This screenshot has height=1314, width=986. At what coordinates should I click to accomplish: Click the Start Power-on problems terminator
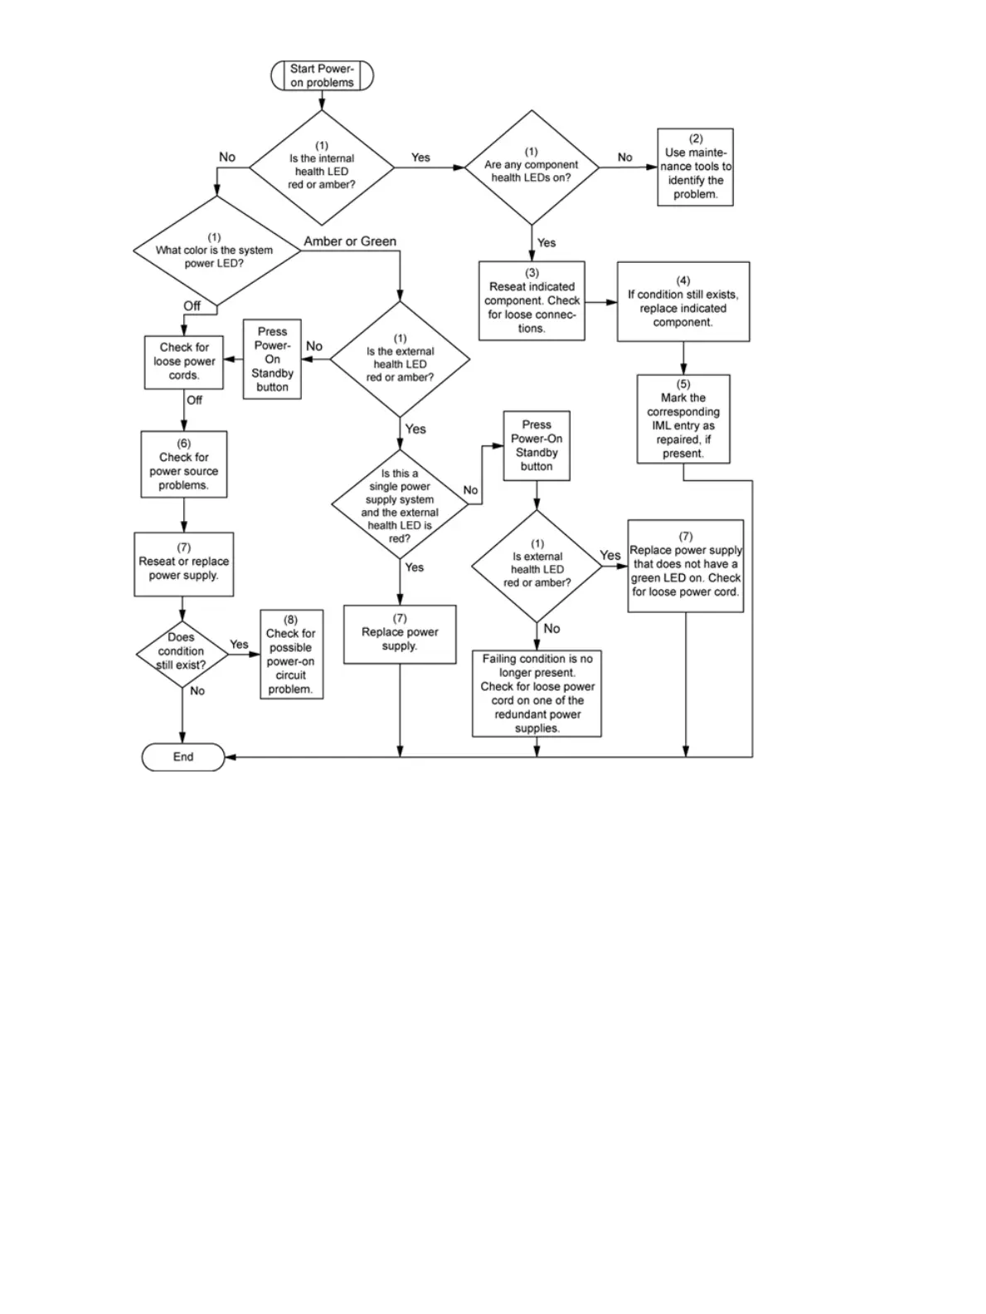pyautogui.click(x=322, y=75)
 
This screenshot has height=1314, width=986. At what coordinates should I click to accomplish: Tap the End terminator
pyautogui.click(x=183, y=757)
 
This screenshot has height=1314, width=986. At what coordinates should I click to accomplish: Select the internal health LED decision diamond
pyautogui.click(x=322, y=168)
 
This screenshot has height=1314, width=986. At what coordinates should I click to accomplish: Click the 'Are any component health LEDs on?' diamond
pyautogui.click(x=532, y=168)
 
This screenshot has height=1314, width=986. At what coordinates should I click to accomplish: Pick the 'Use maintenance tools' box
pyautogui.click(x=695, y=167)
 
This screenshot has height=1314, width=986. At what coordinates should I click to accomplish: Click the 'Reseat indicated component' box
pyautogui.click(x=532, y=300)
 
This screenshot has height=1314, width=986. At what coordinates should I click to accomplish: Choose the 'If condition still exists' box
pyautogui.click(x=682, y=302)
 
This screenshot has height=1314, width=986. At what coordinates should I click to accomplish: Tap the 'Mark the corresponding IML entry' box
pyautogui.click(x=683, y=418)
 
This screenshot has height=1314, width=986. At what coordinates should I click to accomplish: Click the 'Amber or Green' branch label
pyautogui.click(x=350, y=241)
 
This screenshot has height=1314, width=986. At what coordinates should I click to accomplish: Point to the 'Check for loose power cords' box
pyautogui.click(x=184, y=362)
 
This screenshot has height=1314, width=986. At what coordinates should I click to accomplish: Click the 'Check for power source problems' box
pyautogui.click(x=183, y=464)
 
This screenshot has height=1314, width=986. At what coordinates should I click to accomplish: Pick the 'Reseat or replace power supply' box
pyautogui.click(x=183, y=564)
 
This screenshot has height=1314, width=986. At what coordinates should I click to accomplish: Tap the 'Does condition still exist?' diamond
pyautogui.click(x=182, y=653)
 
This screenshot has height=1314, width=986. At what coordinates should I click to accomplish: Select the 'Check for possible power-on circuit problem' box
pyautogui.click(x=291, y=654)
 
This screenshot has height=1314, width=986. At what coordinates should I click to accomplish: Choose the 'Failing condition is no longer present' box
pyautogui.click(x=537, y=693)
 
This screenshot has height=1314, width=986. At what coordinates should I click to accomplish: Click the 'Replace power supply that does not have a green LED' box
pyautogui.click(x=685, y=566)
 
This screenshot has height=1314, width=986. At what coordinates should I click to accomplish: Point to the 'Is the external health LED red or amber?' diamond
pyautogui.click(x=400, y=359)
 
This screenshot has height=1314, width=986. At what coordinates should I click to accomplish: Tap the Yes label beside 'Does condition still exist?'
pyautogui.click(x=239, y=644)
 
